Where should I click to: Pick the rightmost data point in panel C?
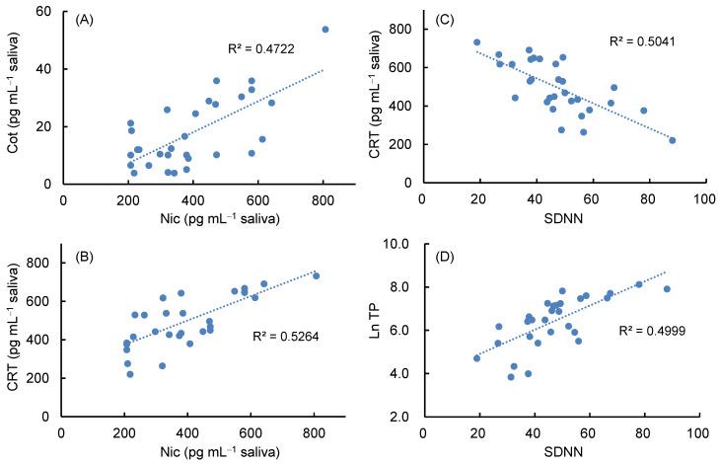(673, 140)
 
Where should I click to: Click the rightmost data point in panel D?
(667, 289)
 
